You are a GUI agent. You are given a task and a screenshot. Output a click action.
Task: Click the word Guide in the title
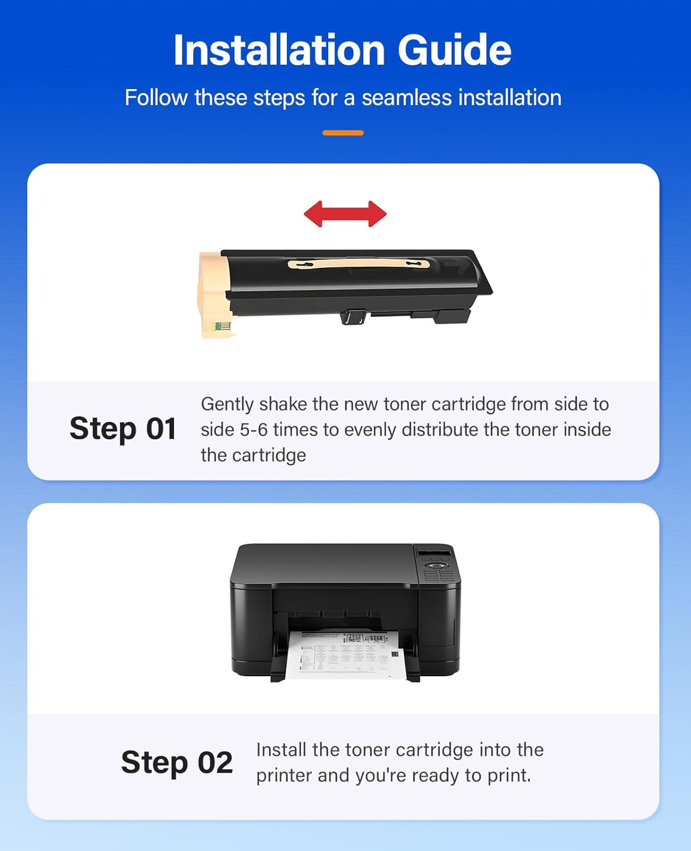coord(454,50)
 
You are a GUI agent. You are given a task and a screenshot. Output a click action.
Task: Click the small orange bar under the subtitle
coord(343,133)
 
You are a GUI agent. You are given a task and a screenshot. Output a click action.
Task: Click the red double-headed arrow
coord(345,214)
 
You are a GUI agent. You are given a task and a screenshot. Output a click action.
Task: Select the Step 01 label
coord(122,428)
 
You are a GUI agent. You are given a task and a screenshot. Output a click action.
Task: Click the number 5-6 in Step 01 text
coord(253,429)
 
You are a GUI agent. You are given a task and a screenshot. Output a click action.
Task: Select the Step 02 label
coord(177,762)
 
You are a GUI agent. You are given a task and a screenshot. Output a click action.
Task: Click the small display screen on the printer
coord(435,553)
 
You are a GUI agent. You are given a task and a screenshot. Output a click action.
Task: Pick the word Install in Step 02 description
coord(281,749)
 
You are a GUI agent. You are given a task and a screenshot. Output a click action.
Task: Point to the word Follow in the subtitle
coord(156,98)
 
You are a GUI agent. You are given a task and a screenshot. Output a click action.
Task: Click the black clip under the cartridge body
coord(353,317)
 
